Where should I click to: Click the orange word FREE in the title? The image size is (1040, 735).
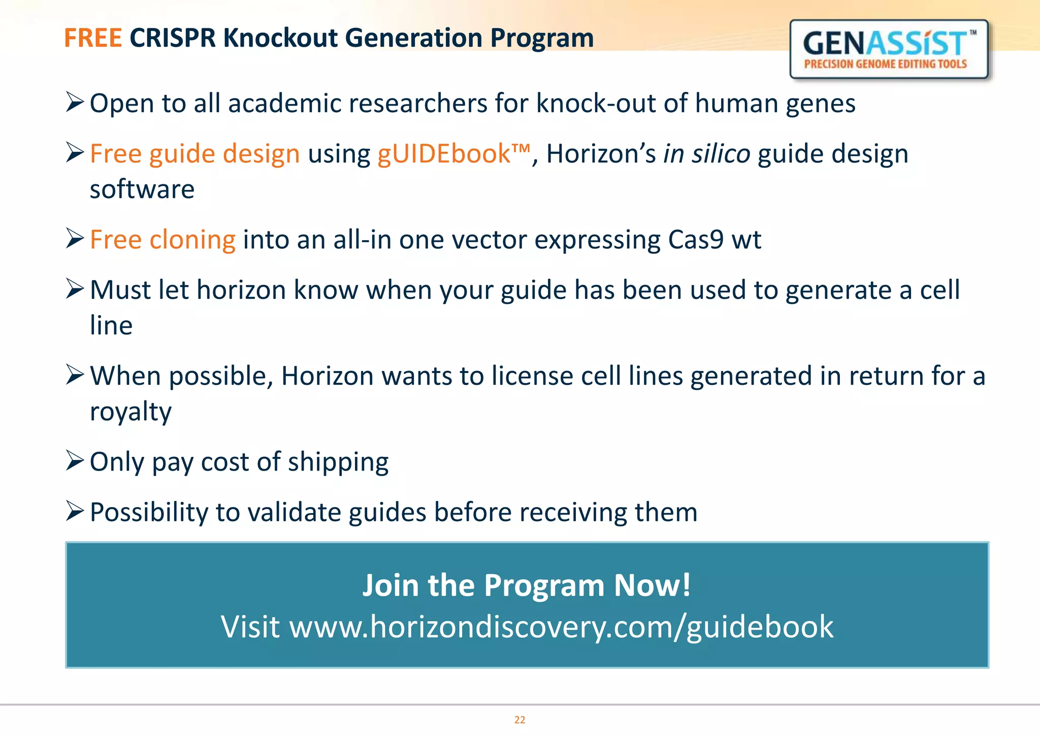click(93, 38)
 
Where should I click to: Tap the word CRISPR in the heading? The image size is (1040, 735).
click(173, 38)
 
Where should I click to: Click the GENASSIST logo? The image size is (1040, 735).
click(889, 49)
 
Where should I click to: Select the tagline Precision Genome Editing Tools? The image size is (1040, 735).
click(885, 64)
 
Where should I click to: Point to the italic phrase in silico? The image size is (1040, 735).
click(706, 154)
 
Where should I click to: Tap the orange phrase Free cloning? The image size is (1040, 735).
click(162, 240)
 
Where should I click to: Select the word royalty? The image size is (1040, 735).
click(131, 412)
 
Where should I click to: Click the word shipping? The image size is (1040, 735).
click(338, 462)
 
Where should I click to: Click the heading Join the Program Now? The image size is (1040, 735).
click(527, 585)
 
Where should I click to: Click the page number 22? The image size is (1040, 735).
click(519, 720)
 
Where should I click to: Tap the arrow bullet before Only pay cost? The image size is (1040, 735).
click(75, 461)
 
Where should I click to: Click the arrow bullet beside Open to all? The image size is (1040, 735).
click(75, 103)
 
